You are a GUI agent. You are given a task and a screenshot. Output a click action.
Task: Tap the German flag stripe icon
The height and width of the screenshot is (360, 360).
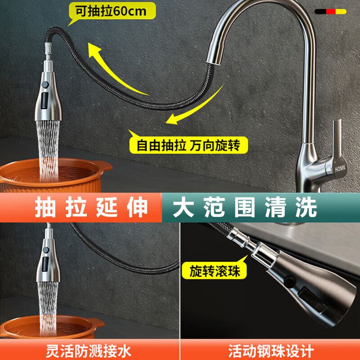pyautogui.click(x=330, y=11)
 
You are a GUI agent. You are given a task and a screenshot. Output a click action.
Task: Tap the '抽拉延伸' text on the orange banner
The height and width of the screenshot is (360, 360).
pyautogui.click(x=92, y=207)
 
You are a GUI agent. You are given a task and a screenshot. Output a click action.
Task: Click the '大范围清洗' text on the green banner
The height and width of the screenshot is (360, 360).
pyautogui.click(x=246, y=207)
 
